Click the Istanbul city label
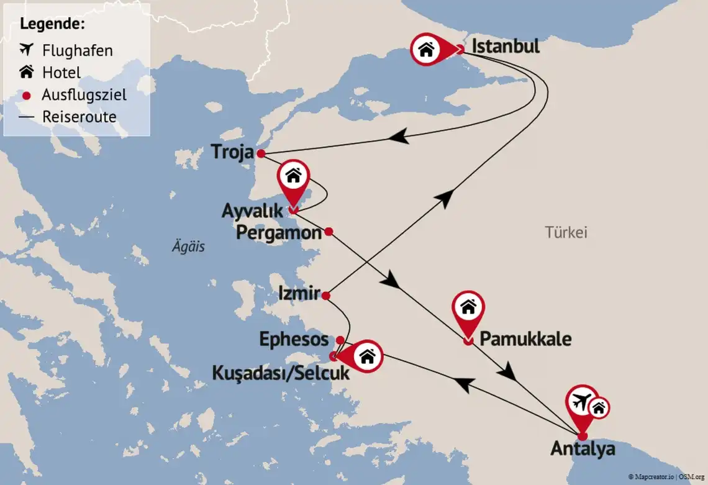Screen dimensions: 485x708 (x=506, y=47)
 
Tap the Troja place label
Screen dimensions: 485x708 (x=232, y=152)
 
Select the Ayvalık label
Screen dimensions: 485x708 (x=252, y=211)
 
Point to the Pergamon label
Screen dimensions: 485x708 (x=279, y=233)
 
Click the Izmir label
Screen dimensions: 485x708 (x=299, y=292)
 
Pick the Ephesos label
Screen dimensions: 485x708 (x=294, y=339)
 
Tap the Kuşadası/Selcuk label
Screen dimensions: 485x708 (x=281, y=374)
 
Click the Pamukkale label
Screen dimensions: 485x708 (x=525, y=340)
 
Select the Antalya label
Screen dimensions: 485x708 (x=583, y=448)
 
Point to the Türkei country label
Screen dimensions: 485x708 (x=566, y=233)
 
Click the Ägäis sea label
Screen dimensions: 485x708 (x=188, y=247)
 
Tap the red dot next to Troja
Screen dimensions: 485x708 (x=261, y=153)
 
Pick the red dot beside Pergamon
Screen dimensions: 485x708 (x=329, y=232)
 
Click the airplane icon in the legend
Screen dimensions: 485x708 (x=27, y=49)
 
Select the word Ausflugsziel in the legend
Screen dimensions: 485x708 (x=84, y=95)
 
